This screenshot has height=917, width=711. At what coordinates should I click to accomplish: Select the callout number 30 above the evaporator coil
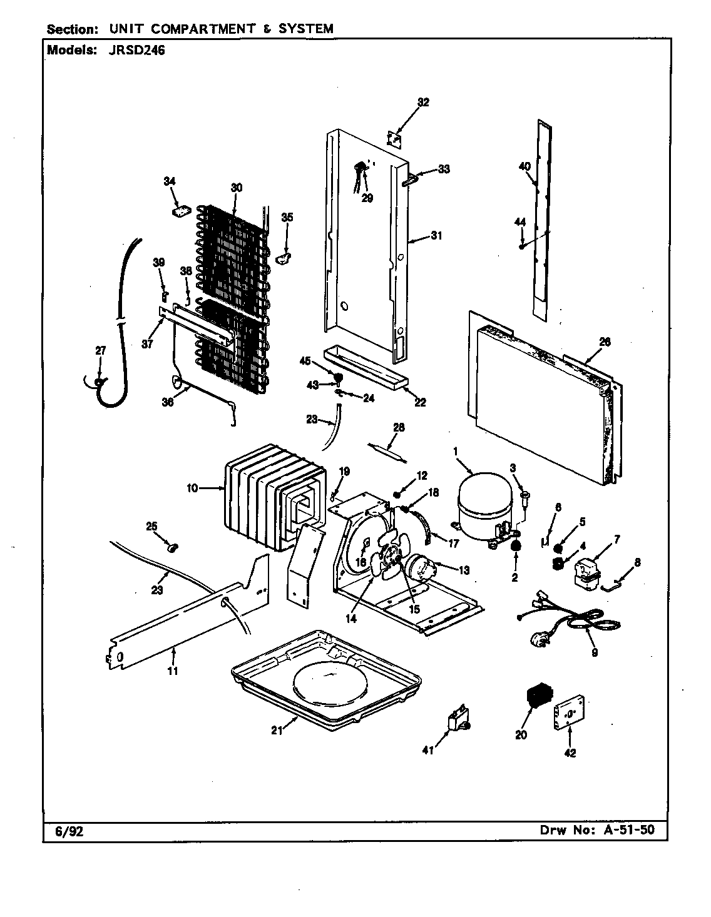pyautogui.click(x=236, y=187)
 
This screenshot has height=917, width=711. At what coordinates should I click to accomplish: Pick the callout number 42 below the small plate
pyautogui.click(x=570, y=752)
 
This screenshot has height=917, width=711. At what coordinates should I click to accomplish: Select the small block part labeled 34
pyautogui.click(x=181, y=211)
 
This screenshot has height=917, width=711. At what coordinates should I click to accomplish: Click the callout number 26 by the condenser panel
pyautogui.click(x=604, y=342)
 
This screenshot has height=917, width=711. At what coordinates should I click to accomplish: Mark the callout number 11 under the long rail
pyautogui.click(x=173, y=671)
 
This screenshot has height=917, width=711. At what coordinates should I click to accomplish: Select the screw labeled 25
pyautogui.click(x=173, y=549)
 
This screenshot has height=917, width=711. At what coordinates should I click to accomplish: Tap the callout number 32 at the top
pyautogui.click(x=423, y=103)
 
